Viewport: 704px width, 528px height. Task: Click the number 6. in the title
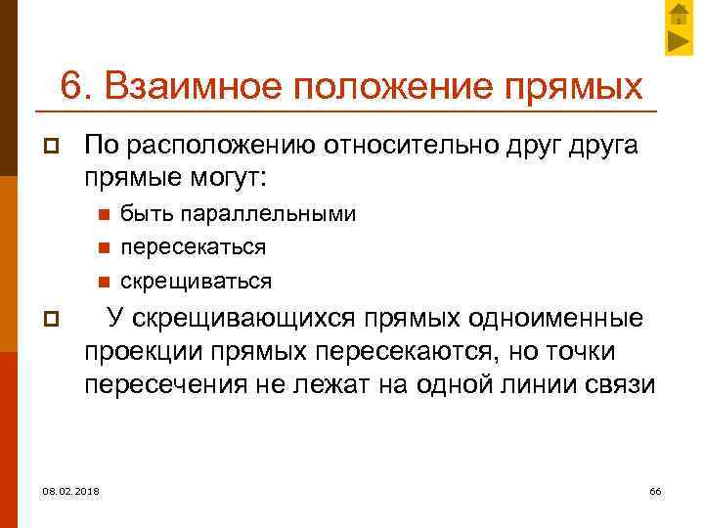[75, 85]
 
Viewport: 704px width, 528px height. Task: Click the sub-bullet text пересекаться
[193, 247]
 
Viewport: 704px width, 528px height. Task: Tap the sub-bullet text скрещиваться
[196, 282]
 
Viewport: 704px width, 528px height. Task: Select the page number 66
[655, 490]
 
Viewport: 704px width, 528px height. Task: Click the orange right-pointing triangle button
[680, 41]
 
